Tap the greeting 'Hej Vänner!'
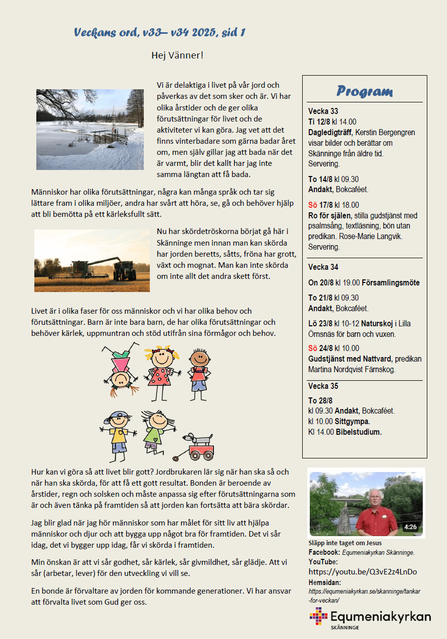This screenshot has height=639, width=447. click(177, 55)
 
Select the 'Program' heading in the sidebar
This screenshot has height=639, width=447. click(364, 91)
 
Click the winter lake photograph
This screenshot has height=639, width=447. click(90, 129)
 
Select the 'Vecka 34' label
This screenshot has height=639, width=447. click(323, 267)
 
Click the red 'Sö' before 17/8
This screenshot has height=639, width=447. click(313, 205)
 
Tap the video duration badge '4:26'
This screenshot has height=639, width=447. click(410, 528)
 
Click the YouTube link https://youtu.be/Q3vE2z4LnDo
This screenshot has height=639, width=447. click(362, 572)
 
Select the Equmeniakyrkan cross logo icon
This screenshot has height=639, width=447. click(318, 616)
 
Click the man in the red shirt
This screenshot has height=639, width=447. click(376, 513)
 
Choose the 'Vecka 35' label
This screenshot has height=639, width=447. click(323, 386)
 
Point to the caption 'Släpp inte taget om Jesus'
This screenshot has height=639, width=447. click(345, 543)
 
